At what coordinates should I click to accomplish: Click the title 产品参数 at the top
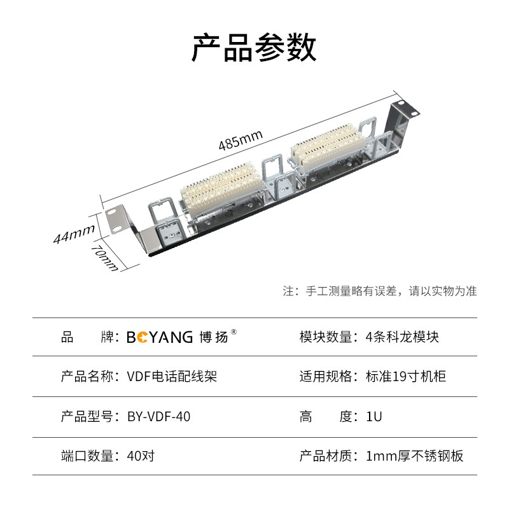coord(254,48)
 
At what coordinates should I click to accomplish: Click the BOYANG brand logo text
coord(159,337)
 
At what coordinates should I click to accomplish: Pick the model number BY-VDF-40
coord(158,417)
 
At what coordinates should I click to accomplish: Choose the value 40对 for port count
coord(141,456)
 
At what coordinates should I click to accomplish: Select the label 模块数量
coord(325,337)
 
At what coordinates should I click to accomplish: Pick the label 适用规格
coord(325,377)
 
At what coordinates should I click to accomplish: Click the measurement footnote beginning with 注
coord(380,291)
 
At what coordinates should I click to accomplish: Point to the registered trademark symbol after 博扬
coord(234,331)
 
